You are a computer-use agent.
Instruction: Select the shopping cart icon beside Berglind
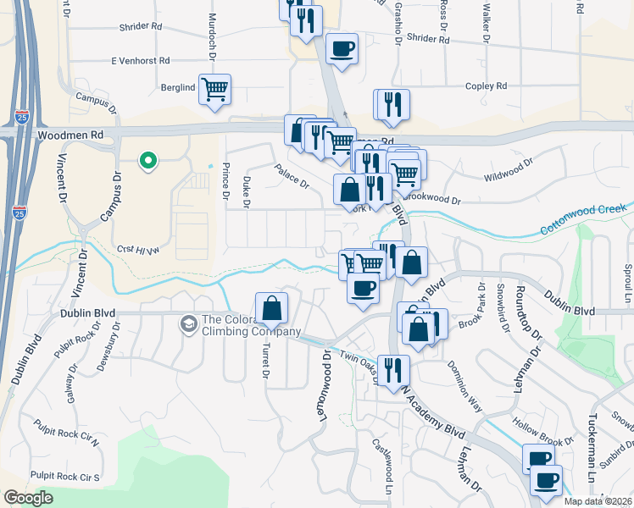(x=215, y=89)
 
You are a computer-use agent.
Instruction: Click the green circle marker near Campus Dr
(x=148, y=160)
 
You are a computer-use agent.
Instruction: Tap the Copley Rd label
(x=486, y=86)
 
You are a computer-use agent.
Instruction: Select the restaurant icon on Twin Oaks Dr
(x=393, y=370)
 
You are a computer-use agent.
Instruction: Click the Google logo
(x=28, y=498)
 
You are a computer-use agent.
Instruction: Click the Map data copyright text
(x=598, y=501)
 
